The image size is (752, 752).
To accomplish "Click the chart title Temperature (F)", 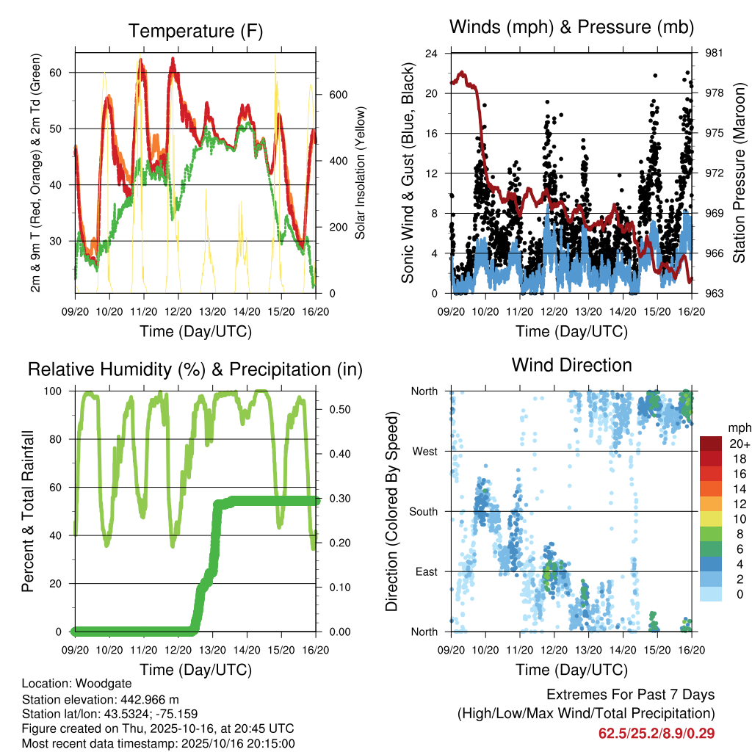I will (195, 31).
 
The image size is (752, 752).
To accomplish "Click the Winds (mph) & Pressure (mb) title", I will (571, 28).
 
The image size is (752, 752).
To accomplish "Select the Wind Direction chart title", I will (571, 364).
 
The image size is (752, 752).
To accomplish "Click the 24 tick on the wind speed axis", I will (432, 54).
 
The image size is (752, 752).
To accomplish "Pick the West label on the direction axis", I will (426, 451).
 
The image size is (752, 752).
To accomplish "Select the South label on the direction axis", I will (424, 511).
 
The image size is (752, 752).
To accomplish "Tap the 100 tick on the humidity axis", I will (59, 391).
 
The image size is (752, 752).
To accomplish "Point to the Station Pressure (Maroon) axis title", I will (739, 173).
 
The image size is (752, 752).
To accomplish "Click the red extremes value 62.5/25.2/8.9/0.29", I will (657, 733).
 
